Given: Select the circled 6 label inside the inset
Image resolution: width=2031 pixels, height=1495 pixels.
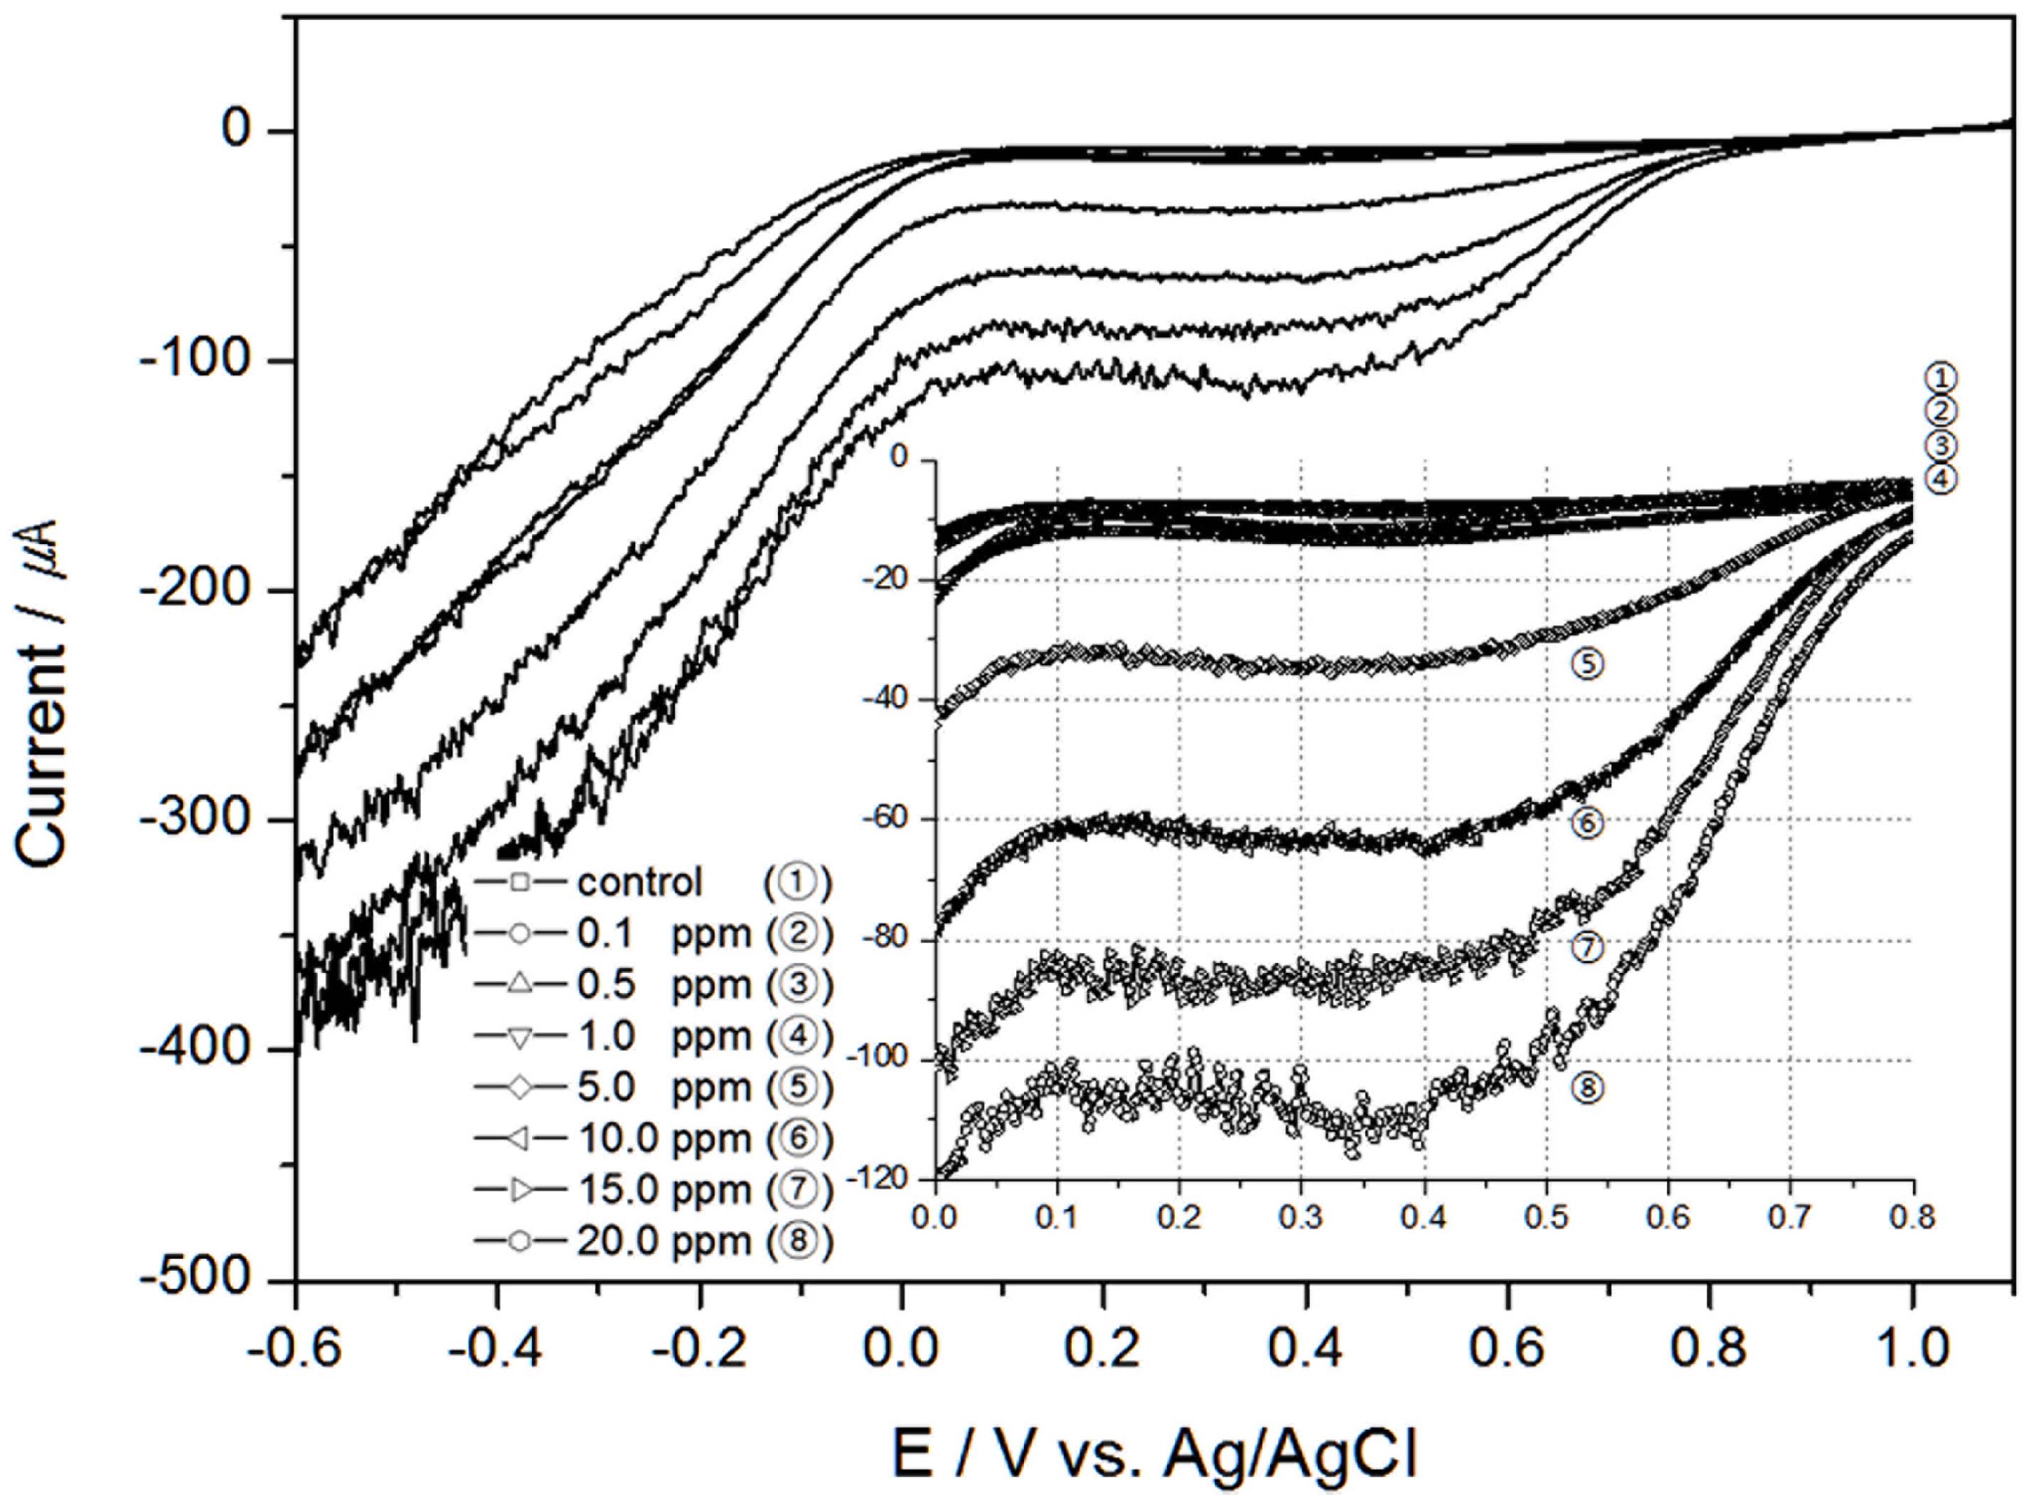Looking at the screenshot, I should [1587, 824].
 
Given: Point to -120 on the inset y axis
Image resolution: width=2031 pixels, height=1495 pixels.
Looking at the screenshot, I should [890, 1177].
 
